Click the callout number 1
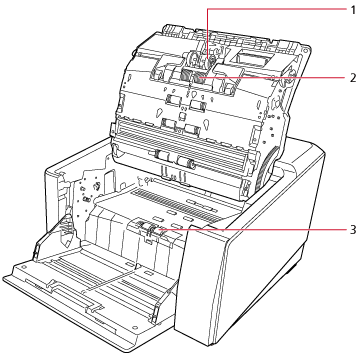(353, 10)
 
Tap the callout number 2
(353, 78)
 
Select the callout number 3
(353, 230)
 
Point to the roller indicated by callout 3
(151, 229)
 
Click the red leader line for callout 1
(277, 10)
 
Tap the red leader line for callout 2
(273, 78)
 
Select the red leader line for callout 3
(252, 230)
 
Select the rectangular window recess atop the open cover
(253, 59)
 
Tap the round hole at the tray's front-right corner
(134, 328)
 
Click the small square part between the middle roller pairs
(182, 116)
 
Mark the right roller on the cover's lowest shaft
(186, 162)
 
